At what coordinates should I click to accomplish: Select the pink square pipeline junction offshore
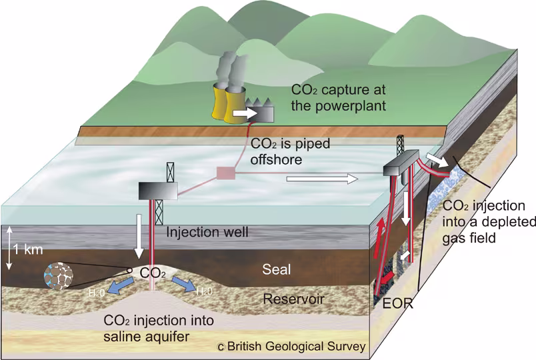pos(225,174)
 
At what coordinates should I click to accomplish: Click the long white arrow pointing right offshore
pos(321,179)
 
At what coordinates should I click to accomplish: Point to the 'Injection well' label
pos(207,233)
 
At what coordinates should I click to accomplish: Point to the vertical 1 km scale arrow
pos(10,248)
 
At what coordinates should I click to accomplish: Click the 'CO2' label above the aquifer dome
pos(152,273)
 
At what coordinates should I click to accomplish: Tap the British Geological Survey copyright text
pos(291,346)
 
